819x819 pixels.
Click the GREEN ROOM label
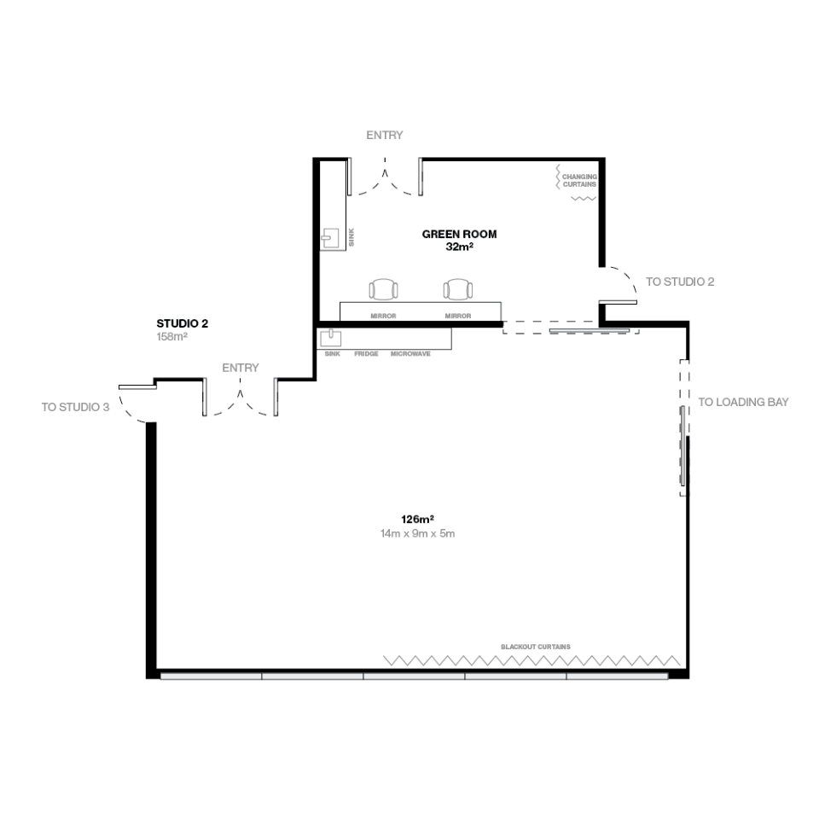459,234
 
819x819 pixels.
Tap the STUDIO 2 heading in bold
183,323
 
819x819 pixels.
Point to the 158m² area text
171,337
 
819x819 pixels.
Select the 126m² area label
417,520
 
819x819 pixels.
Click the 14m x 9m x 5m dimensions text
417,533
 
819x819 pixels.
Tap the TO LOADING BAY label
743,402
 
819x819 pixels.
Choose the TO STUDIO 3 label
76,407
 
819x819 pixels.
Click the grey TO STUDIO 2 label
680,282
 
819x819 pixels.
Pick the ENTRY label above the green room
385,135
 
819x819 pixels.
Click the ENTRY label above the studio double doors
241,368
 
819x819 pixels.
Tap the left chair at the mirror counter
383,289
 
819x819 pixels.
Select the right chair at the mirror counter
458,289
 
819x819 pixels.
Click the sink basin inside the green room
329,238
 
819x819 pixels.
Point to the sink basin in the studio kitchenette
331,338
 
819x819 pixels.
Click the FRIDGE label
366,353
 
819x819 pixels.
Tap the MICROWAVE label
410,353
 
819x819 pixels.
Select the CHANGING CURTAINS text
579,180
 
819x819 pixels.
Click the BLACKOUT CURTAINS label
536,647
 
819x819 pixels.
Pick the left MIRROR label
383,316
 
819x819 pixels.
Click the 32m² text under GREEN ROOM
459,247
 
